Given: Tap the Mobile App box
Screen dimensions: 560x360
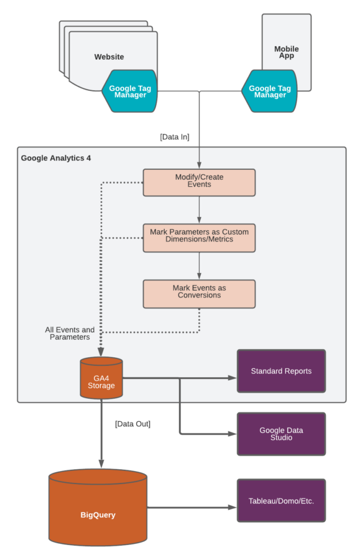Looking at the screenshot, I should [287, 44].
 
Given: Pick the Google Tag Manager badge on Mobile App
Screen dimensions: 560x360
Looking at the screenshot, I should [269, 91].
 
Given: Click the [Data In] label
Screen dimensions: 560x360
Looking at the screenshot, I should [175, 137].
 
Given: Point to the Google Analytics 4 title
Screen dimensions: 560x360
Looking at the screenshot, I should [56, 158].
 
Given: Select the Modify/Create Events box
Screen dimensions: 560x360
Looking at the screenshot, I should [199, 182].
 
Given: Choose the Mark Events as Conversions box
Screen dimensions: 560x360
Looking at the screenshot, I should [199, 292].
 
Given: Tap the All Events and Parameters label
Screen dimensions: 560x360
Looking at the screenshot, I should [70, 334].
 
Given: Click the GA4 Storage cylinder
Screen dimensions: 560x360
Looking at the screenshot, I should [101, 378].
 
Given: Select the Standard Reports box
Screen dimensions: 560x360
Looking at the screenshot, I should [281, 371].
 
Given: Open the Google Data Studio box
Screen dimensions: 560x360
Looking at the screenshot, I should [281, 434].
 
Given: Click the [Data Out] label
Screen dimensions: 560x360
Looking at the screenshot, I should [132, 424].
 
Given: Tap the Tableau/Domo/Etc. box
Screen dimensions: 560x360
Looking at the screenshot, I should [281, 501].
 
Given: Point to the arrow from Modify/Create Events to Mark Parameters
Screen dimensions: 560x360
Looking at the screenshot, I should [199, 210].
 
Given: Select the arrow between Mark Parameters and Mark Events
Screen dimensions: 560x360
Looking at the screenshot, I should [199, 266].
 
